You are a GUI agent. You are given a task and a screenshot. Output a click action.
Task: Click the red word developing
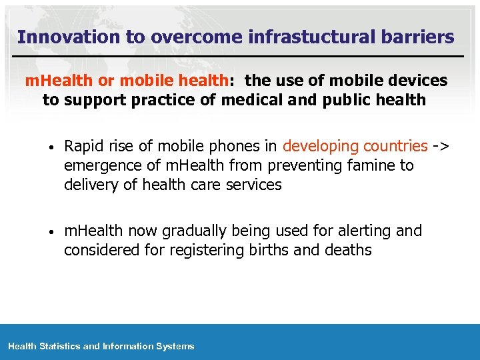[x=319, y=146]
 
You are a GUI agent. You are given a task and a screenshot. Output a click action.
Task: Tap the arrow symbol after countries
[x=441, y=146]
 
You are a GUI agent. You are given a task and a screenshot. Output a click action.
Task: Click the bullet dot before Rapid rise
[x=51, y=147]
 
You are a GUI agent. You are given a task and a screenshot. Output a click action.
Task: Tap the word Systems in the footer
[x=175, y=346]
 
